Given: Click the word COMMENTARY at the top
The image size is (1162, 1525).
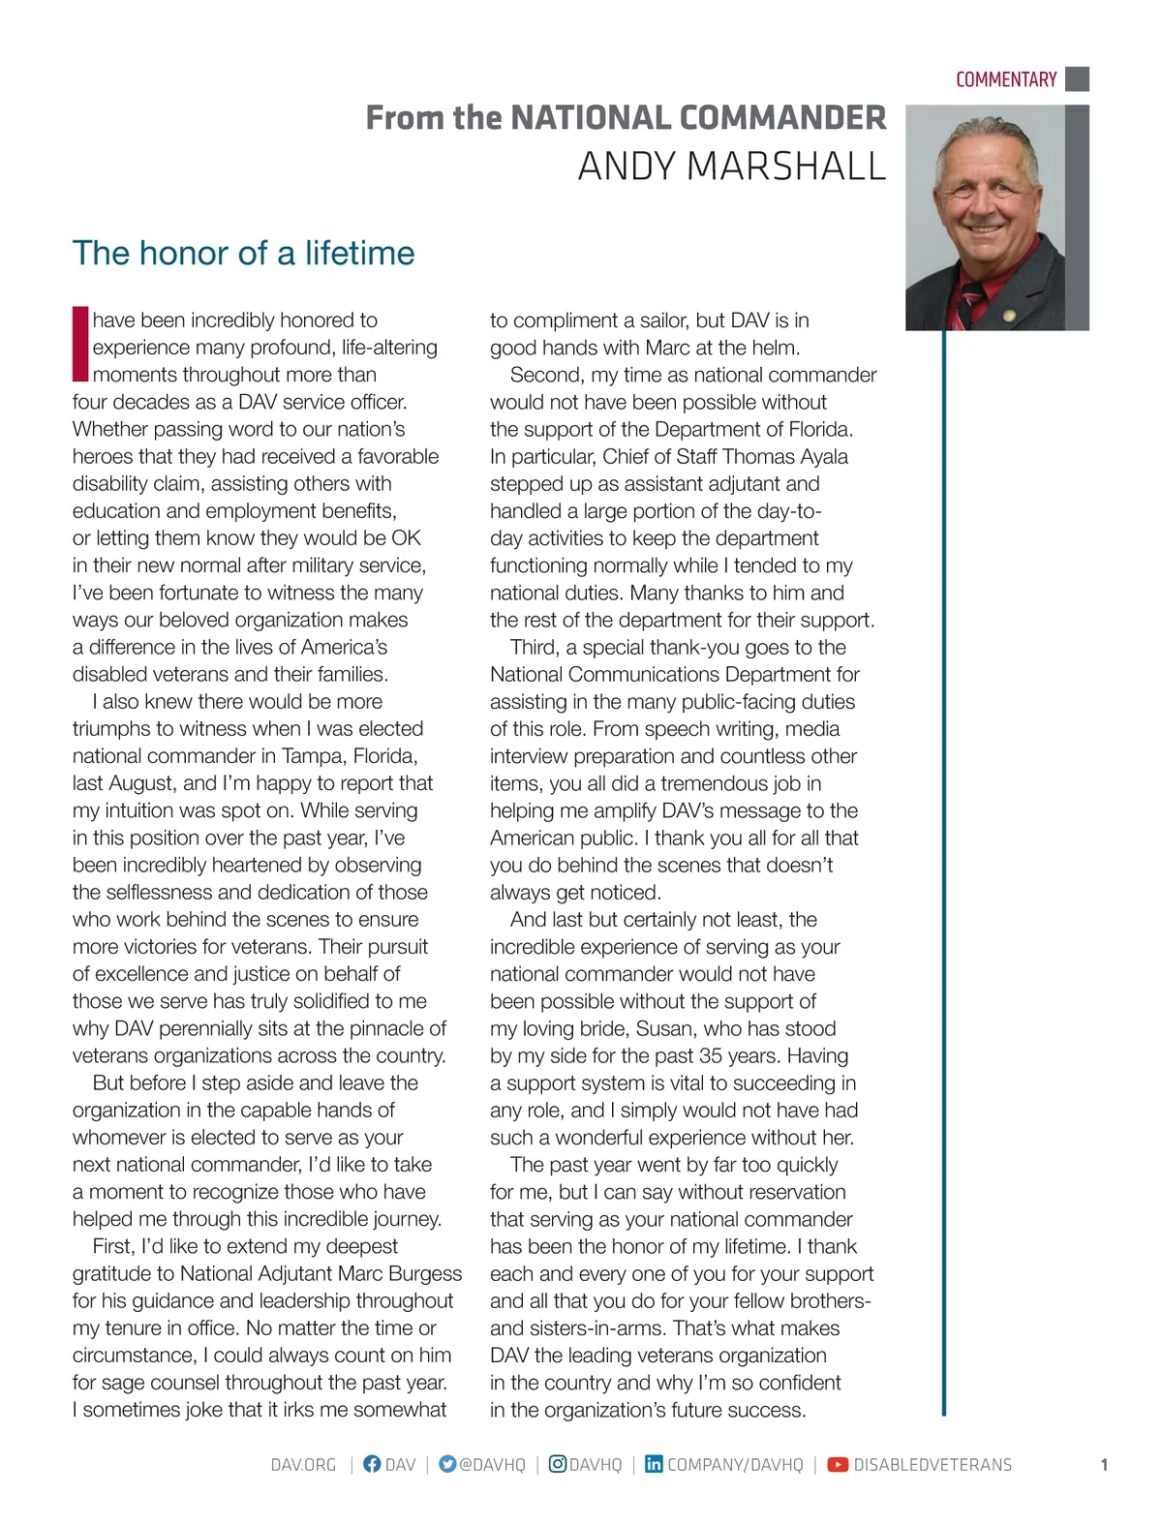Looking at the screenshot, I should [1005, 79].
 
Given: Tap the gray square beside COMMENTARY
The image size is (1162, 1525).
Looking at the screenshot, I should [1077, 78].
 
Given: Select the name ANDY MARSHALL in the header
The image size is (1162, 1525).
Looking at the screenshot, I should [731, 167].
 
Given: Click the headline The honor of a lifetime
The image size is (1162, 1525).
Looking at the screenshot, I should [243, 253].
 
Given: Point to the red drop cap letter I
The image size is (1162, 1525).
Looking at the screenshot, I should [80, 345].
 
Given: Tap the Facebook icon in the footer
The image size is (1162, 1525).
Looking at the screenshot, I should [371, 1464].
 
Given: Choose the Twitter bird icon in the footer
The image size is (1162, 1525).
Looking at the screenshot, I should [446, 1464].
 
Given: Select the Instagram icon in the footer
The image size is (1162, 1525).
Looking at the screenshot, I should [557, 1464].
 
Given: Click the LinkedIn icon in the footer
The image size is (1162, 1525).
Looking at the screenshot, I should [654, 1464].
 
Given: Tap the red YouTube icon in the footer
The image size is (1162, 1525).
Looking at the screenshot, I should [838, 1464].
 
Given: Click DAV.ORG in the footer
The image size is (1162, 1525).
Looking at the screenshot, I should [303, 1465].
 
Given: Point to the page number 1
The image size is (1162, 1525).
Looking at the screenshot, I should [1104, 1465].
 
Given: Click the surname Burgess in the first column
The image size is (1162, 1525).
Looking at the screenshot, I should [425, 1273].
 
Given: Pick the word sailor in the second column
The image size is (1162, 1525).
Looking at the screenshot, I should [664, 320].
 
